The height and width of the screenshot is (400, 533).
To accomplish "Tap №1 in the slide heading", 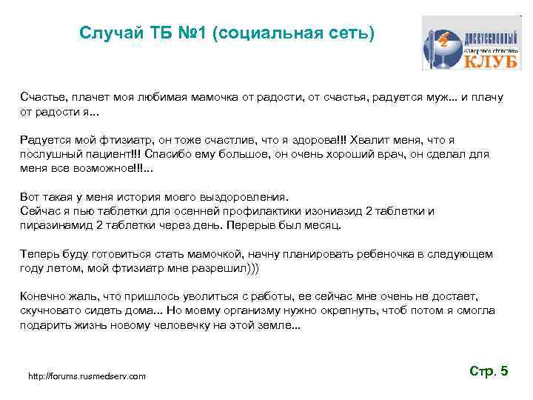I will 190,34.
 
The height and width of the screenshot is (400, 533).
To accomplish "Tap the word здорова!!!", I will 306,140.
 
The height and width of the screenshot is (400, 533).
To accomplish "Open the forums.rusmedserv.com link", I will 87,377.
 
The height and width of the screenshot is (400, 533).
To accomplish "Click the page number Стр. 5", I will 489,371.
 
